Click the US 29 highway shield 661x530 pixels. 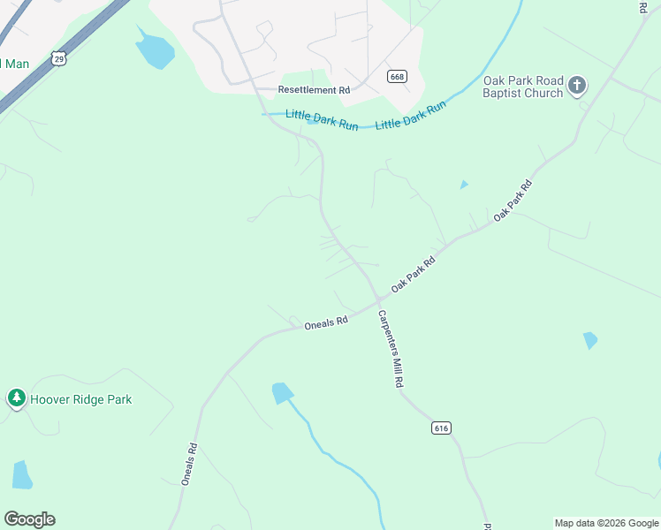[59, 58]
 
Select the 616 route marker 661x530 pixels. [442, 428]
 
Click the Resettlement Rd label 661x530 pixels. [314, 90]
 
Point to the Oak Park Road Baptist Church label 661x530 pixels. [522, 87]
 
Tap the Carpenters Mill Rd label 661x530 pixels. [391, 350]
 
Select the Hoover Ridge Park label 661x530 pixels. [80, 399]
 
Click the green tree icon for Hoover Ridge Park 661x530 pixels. [16, 398]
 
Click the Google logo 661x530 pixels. [29, 519]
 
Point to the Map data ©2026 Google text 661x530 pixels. [606, 523]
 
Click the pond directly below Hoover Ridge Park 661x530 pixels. [22, 474]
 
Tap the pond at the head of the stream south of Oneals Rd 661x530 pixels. [283, 393]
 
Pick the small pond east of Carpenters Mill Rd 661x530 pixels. [589, 340]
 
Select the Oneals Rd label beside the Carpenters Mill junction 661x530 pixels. [326, 324]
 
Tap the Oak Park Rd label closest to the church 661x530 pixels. [513, 200]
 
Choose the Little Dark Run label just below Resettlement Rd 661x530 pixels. [322, 119]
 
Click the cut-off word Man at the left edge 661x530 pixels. [15, 64]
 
